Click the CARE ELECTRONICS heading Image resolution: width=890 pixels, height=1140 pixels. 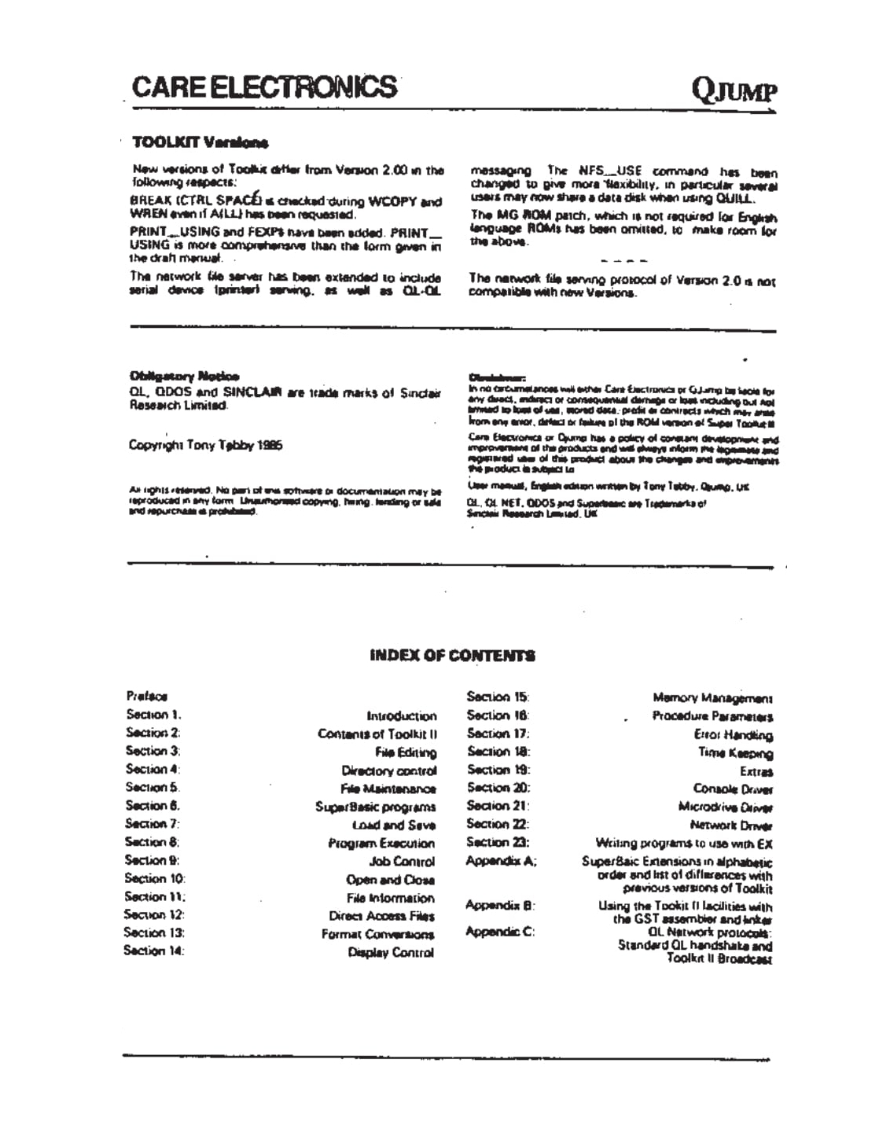point(264,86)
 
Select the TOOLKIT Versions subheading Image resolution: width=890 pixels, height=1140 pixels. point(200,142)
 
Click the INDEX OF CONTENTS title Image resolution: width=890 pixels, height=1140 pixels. point(452,655)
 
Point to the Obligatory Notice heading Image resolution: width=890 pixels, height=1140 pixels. point(185,376)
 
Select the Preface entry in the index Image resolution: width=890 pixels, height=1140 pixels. point(146,696)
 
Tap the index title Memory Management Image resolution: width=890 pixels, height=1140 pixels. point(712,697)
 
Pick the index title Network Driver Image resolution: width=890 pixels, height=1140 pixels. point(731,826)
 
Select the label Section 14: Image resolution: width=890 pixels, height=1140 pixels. point(153,951)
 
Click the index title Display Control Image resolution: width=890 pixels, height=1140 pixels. point(391,953)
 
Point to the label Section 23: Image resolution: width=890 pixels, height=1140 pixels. point(498,842)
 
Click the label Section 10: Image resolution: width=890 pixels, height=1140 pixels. point(155,878)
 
